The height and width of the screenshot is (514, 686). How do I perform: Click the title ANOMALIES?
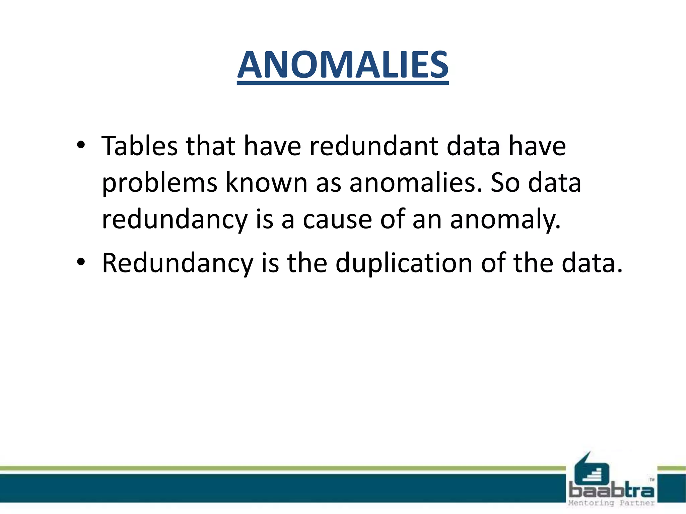(343, 65)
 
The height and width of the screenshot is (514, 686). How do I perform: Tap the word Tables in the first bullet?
(139, 146)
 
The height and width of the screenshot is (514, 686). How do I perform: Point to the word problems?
(159, 183)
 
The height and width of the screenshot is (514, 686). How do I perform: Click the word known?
(266, 183)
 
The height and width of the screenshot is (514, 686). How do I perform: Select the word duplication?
(404, 263)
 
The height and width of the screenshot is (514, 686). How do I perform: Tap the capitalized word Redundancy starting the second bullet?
(177, 264)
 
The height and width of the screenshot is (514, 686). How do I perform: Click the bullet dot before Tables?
(81, 145)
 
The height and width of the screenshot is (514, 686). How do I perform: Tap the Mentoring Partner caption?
(611, 503)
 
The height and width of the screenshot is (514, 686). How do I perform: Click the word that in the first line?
(210, 146)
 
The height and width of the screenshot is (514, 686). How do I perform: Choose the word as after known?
(328, 183)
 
